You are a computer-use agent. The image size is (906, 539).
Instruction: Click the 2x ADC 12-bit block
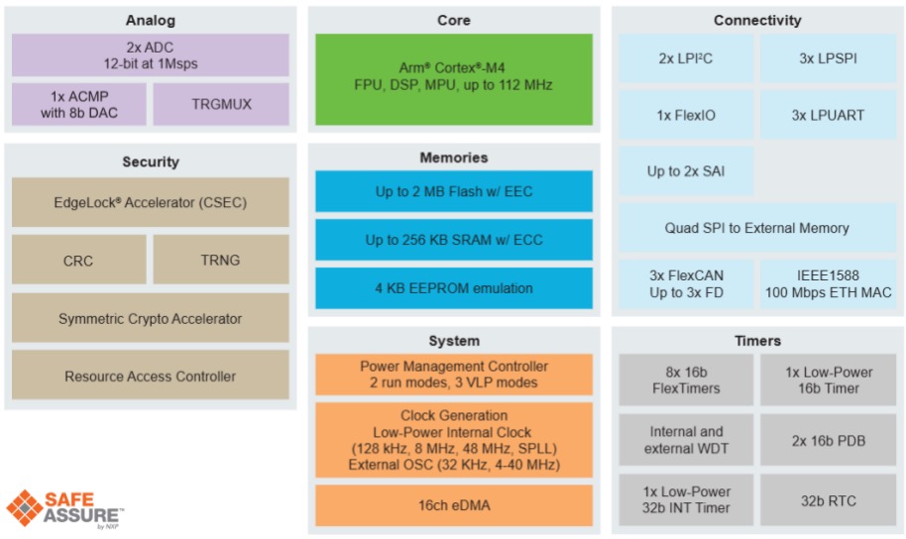click(151, 55)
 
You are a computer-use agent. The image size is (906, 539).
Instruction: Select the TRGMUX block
click(221, 104)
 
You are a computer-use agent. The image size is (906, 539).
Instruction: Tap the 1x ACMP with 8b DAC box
click(79, 104)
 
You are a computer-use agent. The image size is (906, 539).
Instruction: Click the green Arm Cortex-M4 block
click(454, 77)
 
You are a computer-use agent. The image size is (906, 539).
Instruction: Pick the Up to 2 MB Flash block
click(454, 191)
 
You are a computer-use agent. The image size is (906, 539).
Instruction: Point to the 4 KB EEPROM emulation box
click(454, 288)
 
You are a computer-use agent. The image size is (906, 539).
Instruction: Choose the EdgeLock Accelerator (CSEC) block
click(151, 202)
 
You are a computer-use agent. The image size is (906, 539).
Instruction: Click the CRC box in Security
click(79, 261)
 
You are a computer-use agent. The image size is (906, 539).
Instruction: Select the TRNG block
click(221, 261)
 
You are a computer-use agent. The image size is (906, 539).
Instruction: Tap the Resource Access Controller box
click(151, 377)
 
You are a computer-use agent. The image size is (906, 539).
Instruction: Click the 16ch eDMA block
click(454, 505)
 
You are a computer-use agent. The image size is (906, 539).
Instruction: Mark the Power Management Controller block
click(454, 375)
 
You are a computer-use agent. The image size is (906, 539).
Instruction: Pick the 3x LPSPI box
click(828, 58)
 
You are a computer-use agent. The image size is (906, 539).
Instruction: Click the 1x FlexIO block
click(686, 115)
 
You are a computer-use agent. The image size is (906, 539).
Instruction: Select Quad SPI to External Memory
click(756, 228)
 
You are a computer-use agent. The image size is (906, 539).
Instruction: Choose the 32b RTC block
click(828, 500)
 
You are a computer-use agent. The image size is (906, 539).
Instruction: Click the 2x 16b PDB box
click(828, 440)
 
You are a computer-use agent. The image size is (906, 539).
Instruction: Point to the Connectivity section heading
click(756, 20)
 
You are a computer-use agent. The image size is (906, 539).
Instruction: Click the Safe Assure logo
click(65, 506)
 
